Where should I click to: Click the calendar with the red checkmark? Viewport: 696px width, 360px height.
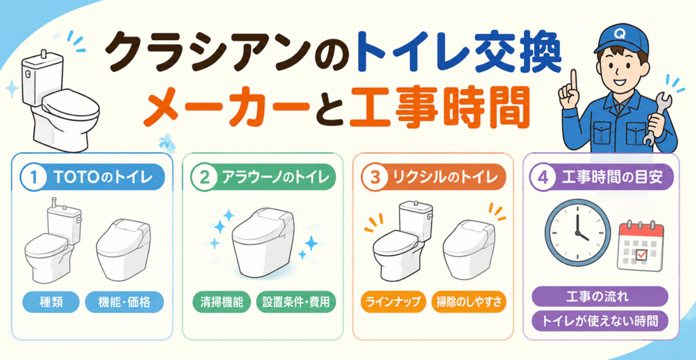coord(640,245)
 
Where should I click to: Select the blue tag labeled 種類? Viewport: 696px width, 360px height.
coord(51,302)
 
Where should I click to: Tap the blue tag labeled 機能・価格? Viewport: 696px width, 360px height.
coord(124,302)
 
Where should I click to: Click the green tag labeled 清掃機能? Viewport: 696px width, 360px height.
coord(222,302)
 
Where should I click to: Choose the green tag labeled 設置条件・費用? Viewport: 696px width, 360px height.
coord(296,302)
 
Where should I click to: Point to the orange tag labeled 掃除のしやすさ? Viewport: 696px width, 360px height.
coord(469,302)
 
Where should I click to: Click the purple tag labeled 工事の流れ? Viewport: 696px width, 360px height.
coord(599,296)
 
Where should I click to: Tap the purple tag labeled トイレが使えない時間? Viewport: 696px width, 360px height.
coord(599,321)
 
